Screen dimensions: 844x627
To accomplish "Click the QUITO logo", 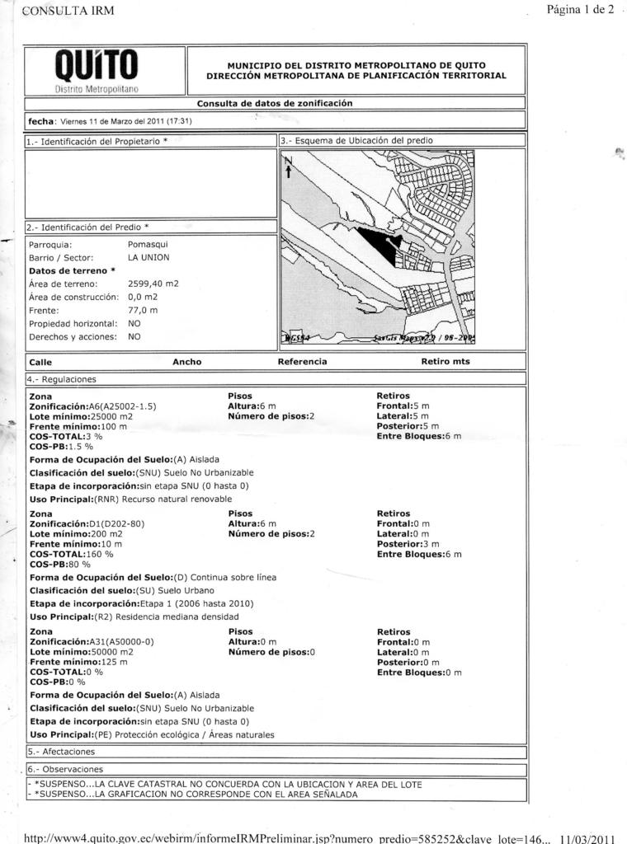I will (97, 69).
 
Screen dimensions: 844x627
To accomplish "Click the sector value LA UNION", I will (148, 257).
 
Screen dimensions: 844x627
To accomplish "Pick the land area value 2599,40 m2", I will (153, 284).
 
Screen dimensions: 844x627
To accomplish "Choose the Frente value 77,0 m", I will (143, 311).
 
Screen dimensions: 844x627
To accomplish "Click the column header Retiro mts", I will (445, 362).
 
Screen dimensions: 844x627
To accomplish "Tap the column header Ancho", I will (186, 362).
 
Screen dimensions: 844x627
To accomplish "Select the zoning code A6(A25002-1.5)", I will (122, 407).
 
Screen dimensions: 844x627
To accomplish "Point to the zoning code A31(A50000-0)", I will (121, 640).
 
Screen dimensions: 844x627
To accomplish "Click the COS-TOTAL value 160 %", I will (103, 554).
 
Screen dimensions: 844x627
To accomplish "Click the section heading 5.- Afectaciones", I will (62, 752).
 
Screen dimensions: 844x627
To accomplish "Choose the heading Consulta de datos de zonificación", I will (274, 104).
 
